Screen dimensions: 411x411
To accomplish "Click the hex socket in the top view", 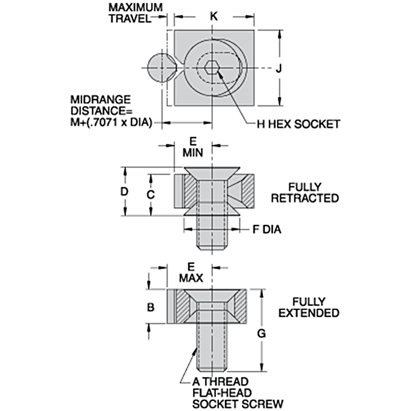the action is coord(212,68).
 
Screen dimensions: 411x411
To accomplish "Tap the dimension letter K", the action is coord(214,17).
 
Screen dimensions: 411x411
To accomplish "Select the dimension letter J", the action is coord(279,68).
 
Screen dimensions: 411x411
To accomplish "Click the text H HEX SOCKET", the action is coord(298,124).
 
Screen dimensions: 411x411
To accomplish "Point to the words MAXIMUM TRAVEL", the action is coord(135,13).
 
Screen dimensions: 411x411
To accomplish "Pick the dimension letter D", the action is coord(124,192).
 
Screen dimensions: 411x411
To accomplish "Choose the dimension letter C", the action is coord(150,195).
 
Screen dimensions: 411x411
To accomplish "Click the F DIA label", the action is coord(267,229).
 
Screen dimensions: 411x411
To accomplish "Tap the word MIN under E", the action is coord(193,152).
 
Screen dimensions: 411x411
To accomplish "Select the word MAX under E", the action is coord(191,278).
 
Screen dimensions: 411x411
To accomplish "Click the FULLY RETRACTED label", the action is coord(305,192).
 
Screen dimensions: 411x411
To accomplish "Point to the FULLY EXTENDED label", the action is coord(309,307).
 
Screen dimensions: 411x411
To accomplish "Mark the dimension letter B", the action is coord(150,307).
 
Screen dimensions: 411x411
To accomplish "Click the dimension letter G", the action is coord(261,334).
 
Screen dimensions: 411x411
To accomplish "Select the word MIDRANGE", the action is coord(100,100).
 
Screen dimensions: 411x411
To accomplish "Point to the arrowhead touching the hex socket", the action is coord(220,74).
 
